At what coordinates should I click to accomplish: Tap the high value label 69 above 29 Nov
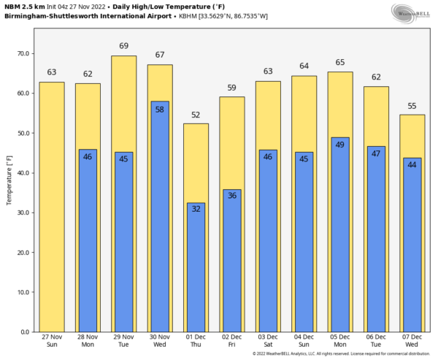(x=123, y=46)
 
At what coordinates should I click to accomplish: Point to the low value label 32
(x=196, y=209)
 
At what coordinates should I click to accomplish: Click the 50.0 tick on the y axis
(x=23, y=134)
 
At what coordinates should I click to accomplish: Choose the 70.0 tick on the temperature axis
(x=23, y=54)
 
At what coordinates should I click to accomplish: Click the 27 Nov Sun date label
(x=51, y=341)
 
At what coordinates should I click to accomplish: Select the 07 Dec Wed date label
(x=412, y=341)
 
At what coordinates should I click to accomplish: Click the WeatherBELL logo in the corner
(x=411, y=12)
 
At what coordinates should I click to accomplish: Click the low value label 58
(x=160, y=107)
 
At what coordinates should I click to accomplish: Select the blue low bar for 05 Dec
(x=339, y=234)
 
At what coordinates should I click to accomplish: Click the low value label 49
(x=339, y=144)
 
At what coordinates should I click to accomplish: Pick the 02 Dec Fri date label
(x=231, y=341)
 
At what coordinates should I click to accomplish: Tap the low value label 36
(x=231, y=196)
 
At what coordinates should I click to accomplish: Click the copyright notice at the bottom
(x=338, y=354)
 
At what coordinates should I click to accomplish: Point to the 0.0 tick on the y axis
(x=26, y=332)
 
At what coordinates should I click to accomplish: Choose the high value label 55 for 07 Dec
(x=412, y=106)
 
